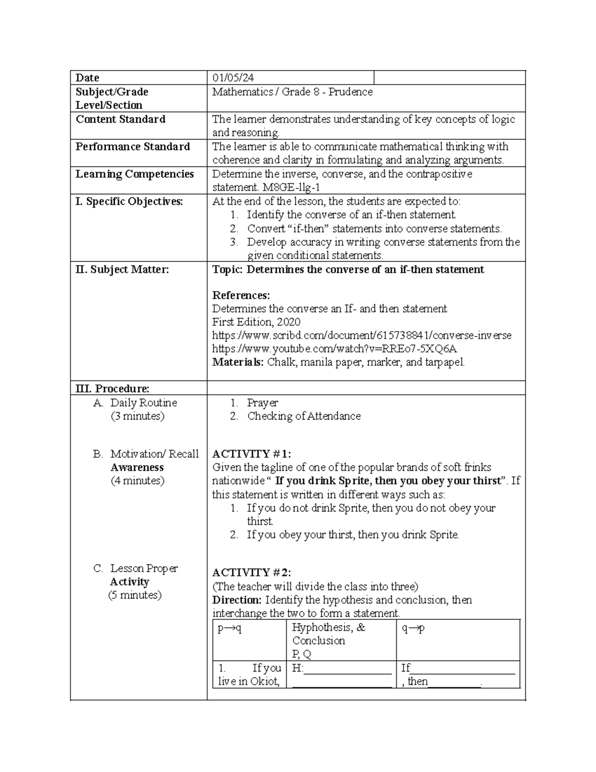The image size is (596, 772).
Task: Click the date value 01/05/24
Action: pyautogui.click(x=233, y=78)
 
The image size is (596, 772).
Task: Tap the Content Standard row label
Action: pyautogui.click(x=121, y=119)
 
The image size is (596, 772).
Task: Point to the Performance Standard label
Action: pyautogui.click(x=133, y=147)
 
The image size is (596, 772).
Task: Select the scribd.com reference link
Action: pyautogui.click(x=362, y=336)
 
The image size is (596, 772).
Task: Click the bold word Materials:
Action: pyautogui.click(x=238, y=362)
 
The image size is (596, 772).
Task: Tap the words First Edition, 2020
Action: pyautogui.click(x=256, y=322)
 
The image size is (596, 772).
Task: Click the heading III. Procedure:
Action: pyautogui.click(x=112, y=389)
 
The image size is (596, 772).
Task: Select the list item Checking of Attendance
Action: pyautogui.click(x=303, y=416)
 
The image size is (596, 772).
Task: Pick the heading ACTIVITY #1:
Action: pyautogui.click(x=251, y=454)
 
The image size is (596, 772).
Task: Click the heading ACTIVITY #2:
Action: pyautogui.click(x=251, y=573)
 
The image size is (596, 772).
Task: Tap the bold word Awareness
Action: pyautogui.click(x=137, y=467)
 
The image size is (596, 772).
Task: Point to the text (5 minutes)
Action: pyautogui.click(x=135, y=595)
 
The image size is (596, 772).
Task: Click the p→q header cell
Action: pyautogui.click(x=229, y=628)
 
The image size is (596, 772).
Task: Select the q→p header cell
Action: pyautogui.click(x=413, y=628)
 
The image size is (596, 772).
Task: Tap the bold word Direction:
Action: pyautogui.click(x=237, y=600)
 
